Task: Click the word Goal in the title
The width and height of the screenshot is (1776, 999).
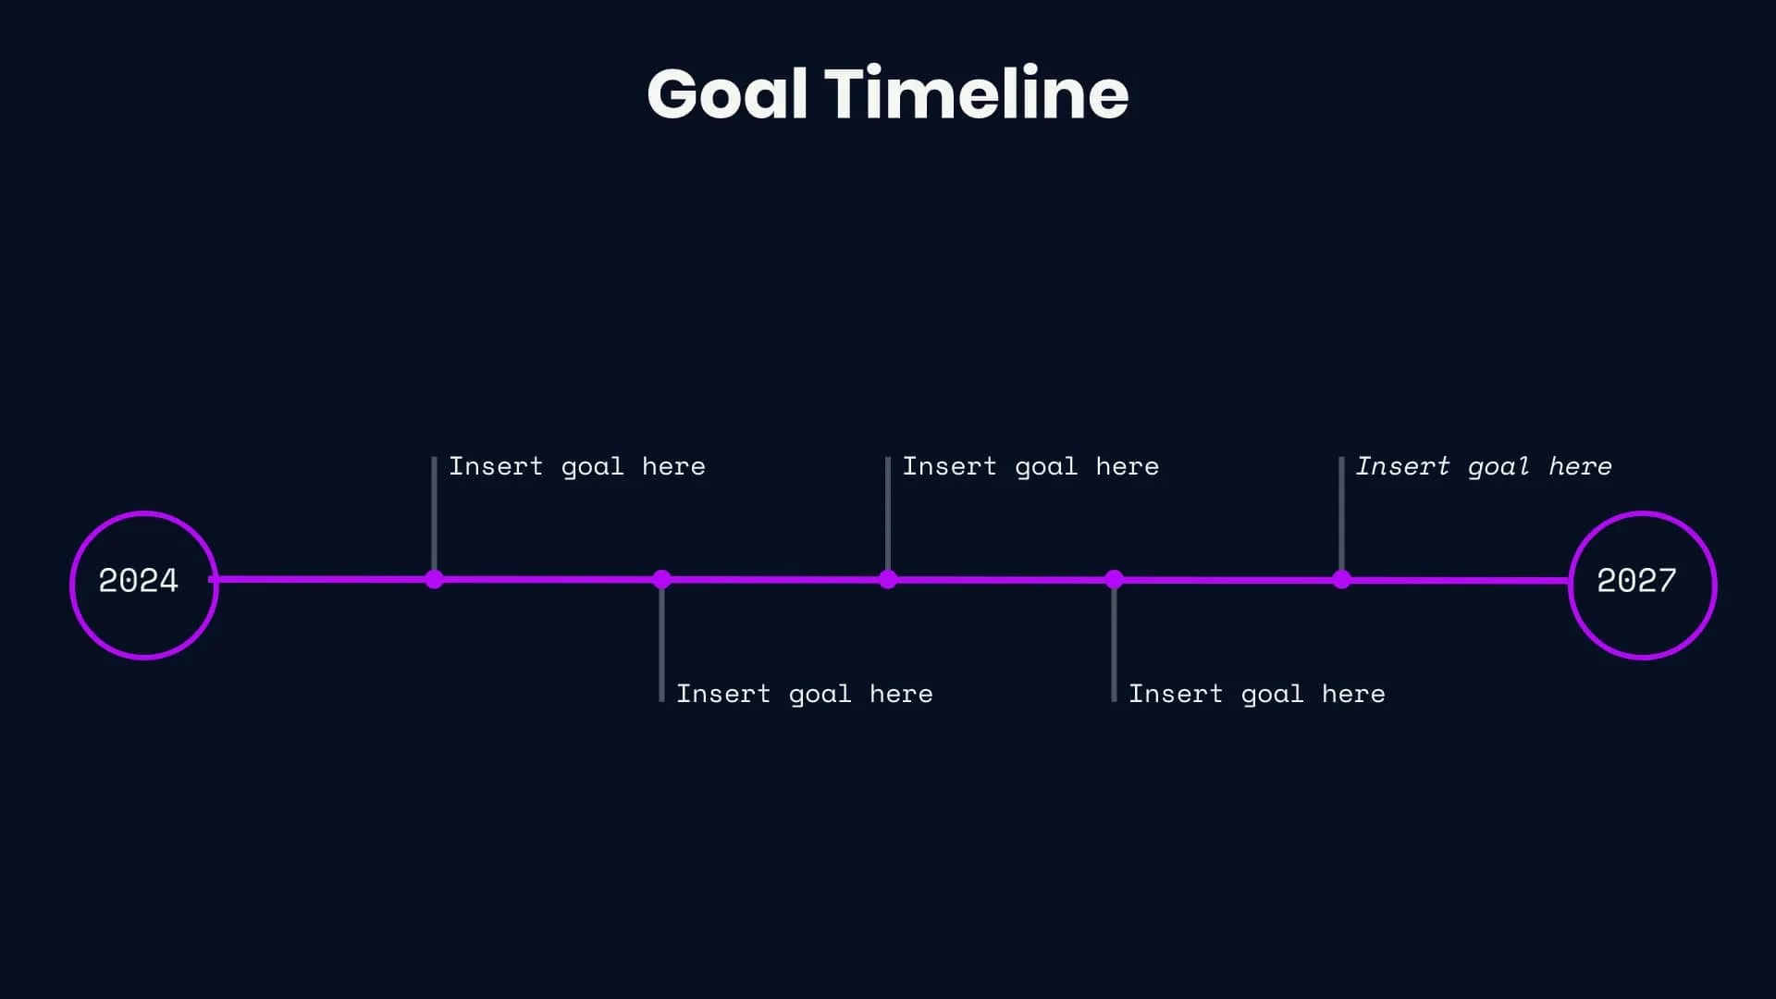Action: click(727, 94)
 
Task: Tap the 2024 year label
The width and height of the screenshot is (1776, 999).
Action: click(139, 581)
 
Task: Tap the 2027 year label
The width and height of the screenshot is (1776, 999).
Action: click(1636, 581)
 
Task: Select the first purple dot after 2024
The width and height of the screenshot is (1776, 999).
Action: click(434, 580)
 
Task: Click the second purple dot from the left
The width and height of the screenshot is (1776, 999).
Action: click(661, 580)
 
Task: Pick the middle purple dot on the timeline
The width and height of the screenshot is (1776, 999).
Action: click(888, 580)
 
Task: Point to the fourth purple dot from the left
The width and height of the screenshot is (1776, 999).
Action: click(1114, 580)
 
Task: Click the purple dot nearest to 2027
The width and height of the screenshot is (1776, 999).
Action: click(1341, 580)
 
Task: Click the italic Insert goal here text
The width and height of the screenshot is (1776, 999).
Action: click(1484, 466)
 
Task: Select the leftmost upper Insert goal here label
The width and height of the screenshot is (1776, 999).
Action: click(577, 466)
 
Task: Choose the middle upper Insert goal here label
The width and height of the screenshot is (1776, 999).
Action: click(1030, 466)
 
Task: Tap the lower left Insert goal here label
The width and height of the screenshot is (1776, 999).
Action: click(804, 694)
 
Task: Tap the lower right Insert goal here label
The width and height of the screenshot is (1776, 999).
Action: click(1256, 694)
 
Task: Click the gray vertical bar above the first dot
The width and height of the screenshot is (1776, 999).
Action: click(434, 513)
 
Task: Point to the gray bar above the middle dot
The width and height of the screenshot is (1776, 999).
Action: click(888, 513)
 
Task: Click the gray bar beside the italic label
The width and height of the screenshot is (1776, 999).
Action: click(1341, 513)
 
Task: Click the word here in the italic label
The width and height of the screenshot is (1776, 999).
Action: click(1580, 466)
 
